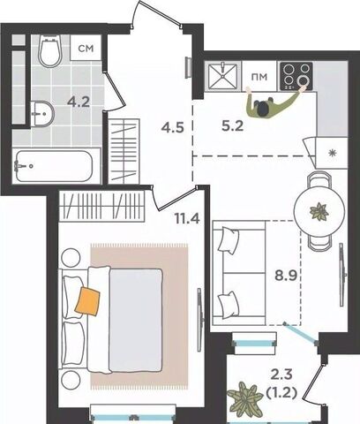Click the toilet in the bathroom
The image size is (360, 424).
click(x=50, y=50)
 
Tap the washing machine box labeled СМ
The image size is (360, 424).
click(x=86, y=48)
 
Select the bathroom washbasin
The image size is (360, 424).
click(x=42, y=114)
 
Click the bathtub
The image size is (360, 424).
click(x=55, y=166)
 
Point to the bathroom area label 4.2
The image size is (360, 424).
click(x=79, y=102)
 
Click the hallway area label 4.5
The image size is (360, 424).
click(x=172, y=128)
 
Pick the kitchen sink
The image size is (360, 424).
click(x=222, y=76)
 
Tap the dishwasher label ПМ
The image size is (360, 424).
click(x=259, y=77)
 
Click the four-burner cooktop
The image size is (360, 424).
click(x=296, y=76)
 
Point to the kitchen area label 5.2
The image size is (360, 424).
click(x=232, y=126)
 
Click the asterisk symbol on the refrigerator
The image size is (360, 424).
click(x=333, y=153)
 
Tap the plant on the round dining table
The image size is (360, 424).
click(x=319, y=211)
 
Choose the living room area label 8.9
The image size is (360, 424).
click(x=286, y=276)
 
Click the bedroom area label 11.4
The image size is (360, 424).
click(x=187, y=218)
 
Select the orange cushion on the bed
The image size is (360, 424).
click(x=87, y=301)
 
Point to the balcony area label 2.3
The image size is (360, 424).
click(x=281, y=375)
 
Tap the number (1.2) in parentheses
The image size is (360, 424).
click(x=281, y=392)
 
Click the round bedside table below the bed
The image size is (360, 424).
click(x=71, y=379)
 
